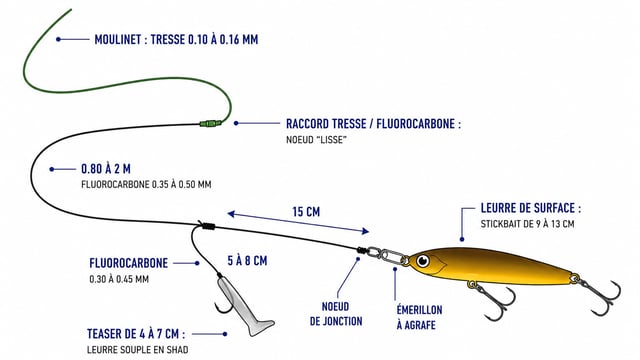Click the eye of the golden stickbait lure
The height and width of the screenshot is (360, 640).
pos(423,260)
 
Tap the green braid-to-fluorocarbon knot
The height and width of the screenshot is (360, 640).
pos(211,123)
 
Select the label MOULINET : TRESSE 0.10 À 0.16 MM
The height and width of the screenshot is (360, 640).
pos(176,40)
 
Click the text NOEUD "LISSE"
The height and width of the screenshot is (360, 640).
pos(316,140)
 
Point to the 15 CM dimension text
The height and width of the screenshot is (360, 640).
pos(306,212)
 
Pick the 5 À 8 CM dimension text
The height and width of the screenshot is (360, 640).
pos(247,261)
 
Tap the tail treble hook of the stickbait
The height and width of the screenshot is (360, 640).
pos(600,296)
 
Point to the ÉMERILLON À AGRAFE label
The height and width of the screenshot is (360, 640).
pos(419,318)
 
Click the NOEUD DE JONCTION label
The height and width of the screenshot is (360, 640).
pos(336,314)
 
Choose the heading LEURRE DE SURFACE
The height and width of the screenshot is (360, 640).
pos(531,208)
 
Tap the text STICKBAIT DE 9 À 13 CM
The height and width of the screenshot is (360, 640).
pos(527,224)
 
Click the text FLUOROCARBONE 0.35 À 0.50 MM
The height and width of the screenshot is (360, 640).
pos(146,184)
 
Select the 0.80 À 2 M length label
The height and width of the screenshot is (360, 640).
pos(106,169)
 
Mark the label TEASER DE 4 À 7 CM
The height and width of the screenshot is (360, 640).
pos(136,334)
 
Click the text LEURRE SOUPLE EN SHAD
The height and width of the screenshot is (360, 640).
pos(138,350)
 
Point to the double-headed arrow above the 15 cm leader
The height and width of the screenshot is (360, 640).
pos(298,222)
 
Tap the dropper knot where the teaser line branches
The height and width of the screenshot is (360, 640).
pos(207,226)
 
